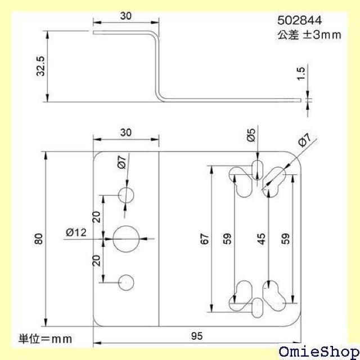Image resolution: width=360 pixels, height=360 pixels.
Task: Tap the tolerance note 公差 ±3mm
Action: pos(309,34)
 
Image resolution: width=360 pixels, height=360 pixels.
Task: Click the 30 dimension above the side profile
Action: pos(125,17)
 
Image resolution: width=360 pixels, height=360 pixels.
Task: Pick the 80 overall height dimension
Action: pos(38,240)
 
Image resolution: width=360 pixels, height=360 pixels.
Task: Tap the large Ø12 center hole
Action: pos(126,238)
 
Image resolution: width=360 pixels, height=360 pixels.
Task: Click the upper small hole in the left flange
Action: pos(126,195)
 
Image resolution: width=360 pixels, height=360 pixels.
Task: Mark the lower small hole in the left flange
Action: pos(126,282)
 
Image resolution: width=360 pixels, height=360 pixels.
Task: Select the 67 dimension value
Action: pos(205,238)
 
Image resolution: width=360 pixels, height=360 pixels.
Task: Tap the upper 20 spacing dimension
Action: pos(97,217)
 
